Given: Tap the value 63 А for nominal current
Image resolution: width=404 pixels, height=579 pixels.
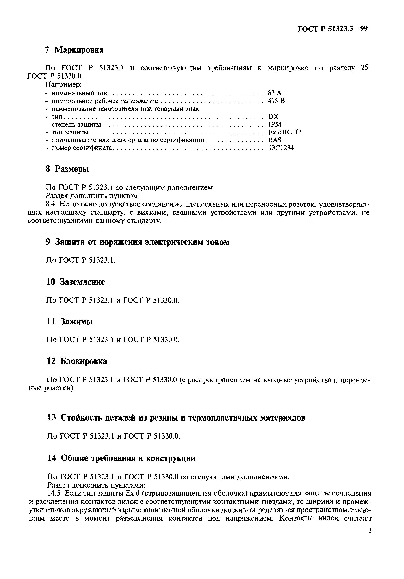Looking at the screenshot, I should tap(275, 93).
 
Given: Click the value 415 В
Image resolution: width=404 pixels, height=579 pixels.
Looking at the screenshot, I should tap(276, 101).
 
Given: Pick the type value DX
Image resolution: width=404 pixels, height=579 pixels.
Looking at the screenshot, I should tap(273, 116).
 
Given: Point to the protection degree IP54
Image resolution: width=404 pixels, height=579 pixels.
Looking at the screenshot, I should tap(275, 124).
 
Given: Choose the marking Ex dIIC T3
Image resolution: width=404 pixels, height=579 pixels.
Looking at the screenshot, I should tap(285, 132).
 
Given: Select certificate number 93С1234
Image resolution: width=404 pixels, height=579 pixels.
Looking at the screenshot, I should tap(281, 148).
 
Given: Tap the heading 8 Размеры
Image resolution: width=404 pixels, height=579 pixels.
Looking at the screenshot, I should tap(67, 169).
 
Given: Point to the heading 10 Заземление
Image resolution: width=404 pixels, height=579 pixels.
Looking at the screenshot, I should tap(76, 282).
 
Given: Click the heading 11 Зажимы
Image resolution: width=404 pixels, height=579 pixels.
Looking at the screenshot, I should tap(70, 322).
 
